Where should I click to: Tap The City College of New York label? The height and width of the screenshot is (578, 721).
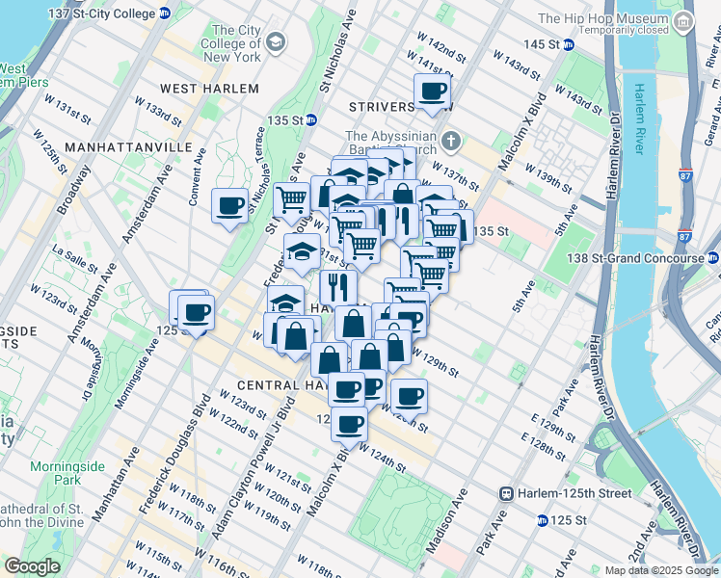point(231,43)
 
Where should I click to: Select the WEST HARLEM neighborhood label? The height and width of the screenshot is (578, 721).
point(209,89)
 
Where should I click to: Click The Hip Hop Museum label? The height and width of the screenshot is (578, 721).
point(602,18)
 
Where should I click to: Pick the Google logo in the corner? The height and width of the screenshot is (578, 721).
point(32,566)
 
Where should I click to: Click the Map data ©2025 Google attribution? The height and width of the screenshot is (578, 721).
point(661,570)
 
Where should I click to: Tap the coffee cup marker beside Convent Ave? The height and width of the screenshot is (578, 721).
point(230,205)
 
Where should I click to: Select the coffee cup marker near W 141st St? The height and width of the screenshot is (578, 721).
point(433,92)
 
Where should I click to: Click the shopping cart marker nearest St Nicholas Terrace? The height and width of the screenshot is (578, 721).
point(291,200)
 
